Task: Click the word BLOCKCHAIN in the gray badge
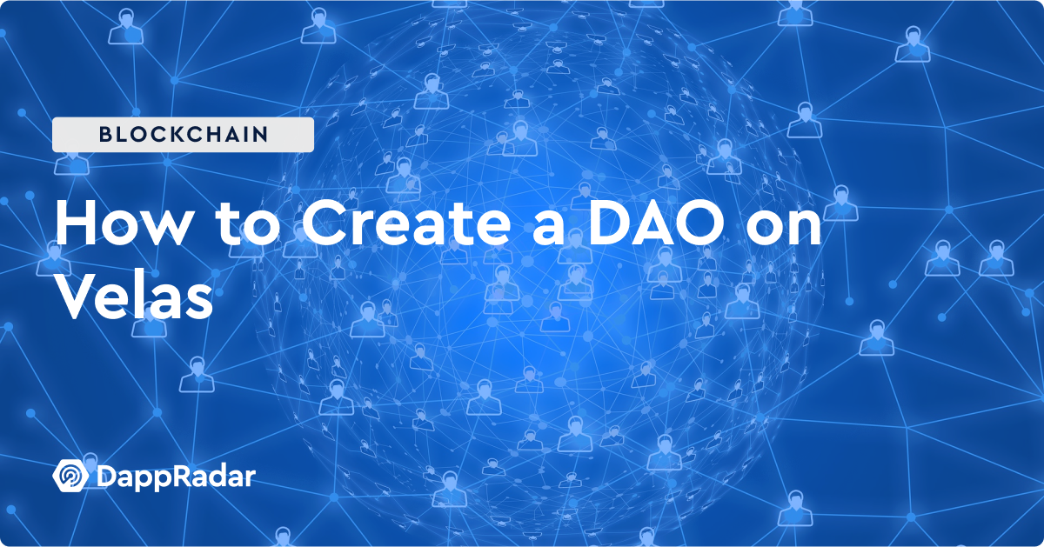(184, 134)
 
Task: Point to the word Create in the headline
(406, 223)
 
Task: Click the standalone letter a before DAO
(549, 229)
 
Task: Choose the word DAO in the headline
(656, 223)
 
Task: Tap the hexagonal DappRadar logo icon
(70, 476)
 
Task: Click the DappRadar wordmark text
(176, 477)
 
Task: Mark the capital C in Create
(324, 223)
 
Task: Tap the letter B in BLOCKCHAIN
(106, 134)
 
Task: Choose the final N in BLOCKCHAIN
(261, 134)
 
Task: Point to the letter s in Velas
(200, 303)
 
